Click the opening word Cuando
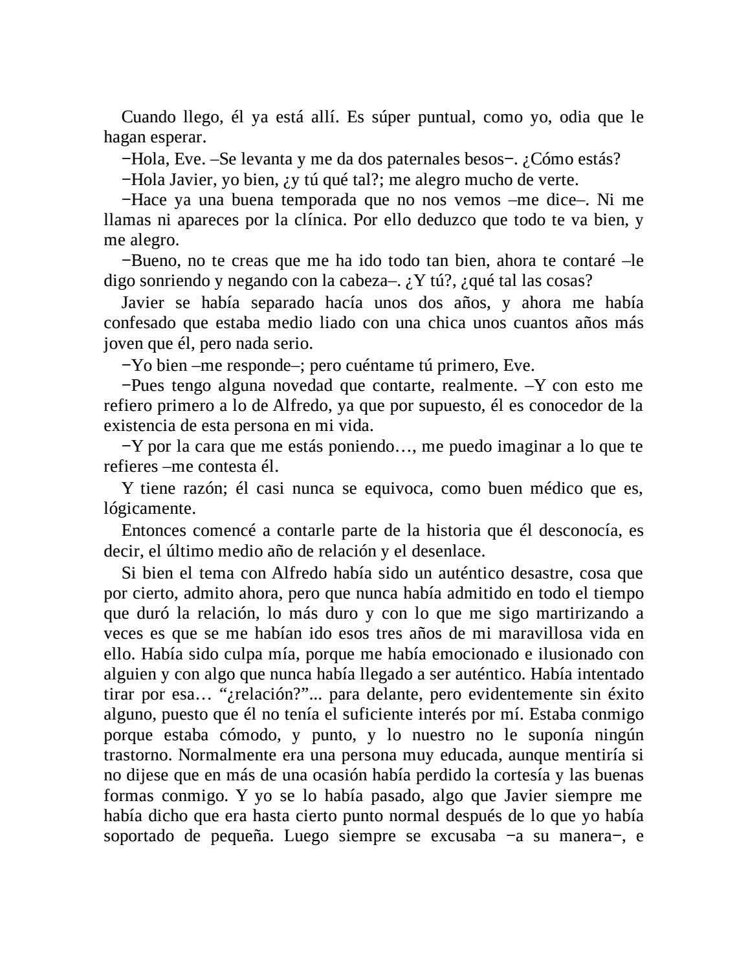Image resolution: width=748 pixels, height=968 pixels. [149, 117]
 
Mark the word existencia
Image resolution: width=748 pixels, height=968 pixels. [139, 426]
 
